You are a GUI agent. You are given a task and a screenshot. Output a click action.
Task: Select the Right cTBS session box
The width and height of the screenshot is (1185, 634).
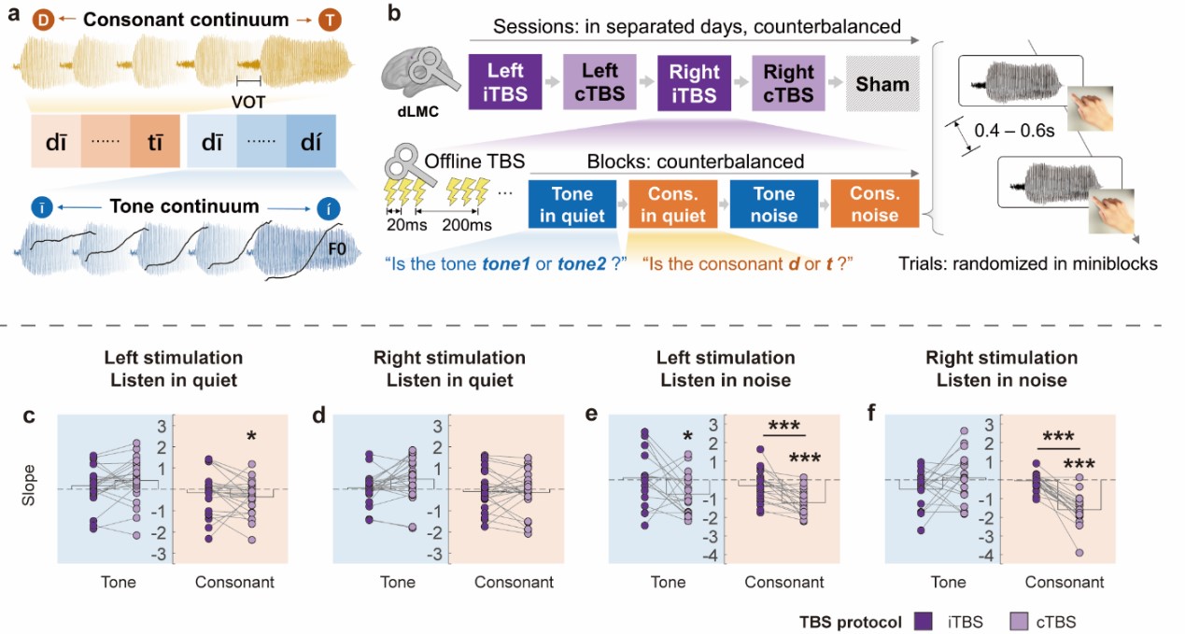789,83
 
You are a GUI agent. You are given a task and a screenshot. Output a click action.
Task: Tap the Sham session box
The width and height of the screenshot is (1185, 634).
882,84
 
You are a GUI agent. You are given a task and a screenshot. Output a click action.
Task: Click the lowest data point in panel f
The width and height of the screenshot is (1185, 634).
1079,553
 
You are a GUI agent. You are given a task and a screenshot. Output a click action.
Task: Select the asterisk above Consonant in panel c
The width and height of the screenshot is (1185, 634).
251,436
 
